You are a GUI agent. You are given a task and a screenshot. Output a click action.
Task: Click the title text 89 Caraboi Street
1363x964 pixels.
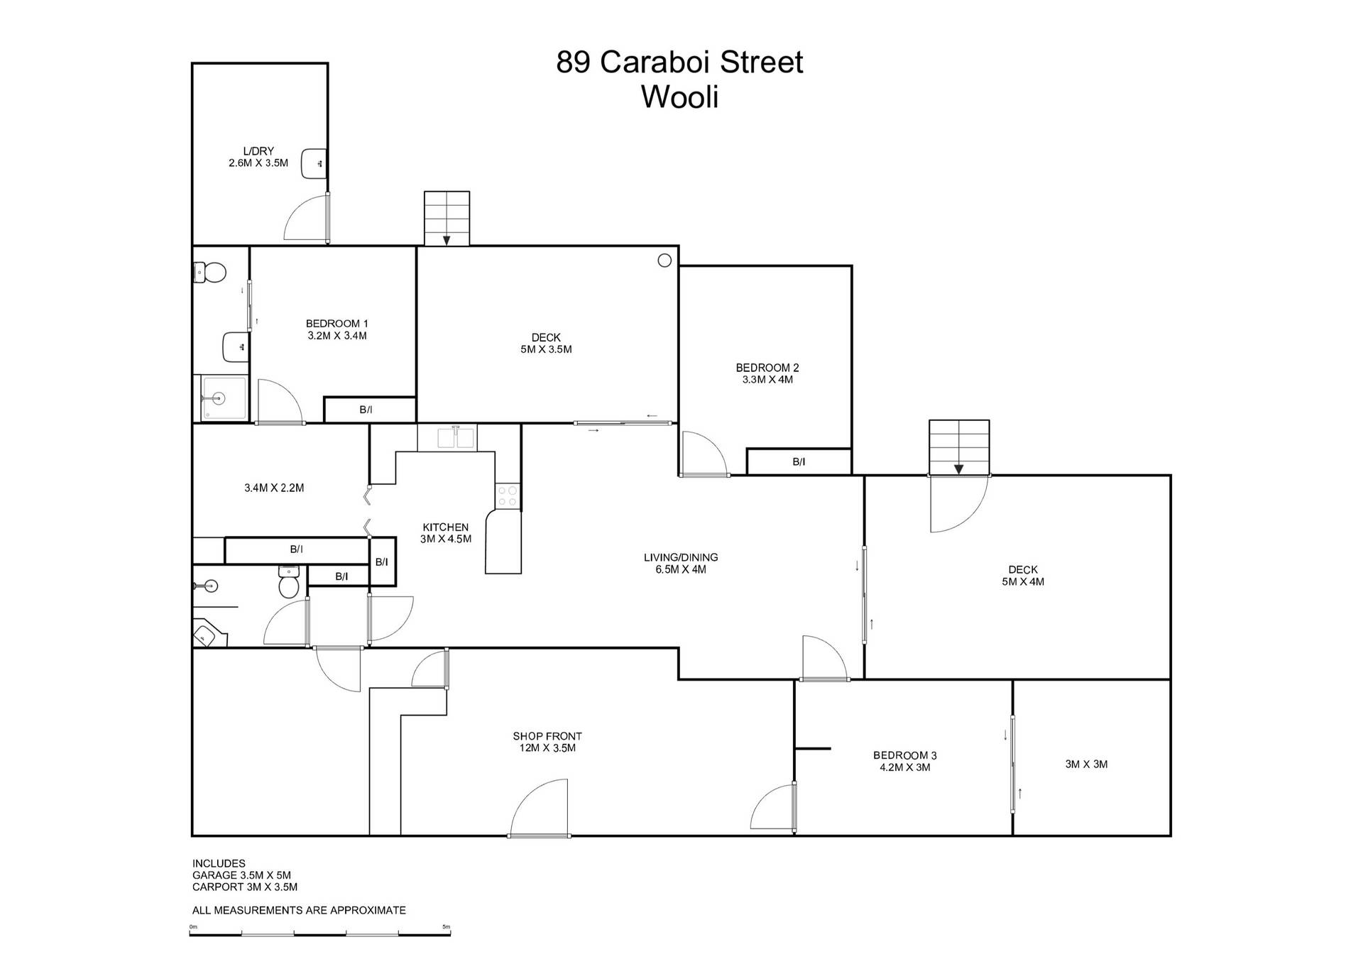tap(679, 62)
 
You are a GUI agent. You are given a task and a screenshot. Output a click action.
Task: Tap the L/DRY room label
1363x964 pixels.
tap(258, 151)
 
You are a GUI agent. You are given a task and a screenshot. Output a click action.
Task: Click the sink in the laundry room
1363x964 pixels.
tap(313, 164)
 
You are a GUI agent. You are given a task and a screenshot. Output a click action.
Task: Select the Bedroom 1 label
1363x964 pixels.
tap(337, 324)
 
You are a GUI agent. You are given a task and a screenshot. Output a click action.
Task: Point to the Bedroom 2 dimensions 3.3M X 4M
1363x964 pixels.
tap(767, 380)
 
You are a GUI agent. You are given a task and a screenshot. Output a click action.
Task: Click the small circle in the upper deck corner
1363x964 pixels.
tap(664, 261)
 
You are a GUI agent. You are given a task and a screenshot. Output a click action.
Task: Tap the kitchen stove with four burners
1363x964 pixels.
tap(508, 495)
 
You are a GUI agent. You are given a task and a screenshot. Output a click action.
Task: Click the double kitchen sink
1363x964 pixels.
tap(456, 438)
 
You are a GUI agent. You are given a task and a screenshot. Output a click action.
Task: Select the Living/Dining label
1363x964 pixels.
tap(681, 557)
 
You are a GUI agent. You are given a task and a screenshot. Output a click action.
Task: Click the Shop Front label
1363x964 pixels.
tap(547, 736)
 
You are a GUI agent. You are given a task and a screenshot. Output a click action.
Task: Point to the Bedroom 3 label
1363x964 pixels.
tap(905, 755)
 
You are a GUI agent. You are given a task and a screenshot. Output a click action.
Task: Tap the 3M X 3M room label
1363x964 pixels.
tap(1086, 765)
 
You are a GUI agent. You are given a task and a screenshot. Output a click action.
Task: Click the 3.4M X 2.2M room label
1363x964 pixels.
tap(274, 488)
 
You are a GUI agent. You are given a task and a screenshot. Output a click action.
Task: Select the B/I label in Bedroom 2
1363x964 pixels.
tap(799, 462)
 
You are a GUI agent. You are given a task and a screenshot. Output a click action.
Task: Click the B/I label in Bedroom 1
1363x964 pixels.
tap(366, 410)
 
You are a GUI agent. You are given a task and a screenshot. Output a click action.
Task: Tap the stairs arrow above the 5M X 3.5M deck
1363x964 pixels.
tap(447, 240)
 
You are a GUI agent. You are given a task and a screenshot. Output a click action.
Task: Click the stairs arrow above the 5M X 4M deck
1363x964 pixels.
tap(958, 469)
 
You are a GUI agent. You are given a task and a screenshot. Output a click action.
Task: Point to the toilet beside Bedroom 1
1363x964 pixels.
tap(211, 272)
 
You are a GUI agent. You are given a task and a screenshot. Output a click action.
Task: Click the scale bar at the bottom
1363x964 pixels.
tap(320, 933)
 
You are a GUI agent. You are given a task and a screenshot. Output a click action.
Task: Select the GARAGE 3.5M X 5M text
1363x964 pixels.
tap(241, 875)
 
